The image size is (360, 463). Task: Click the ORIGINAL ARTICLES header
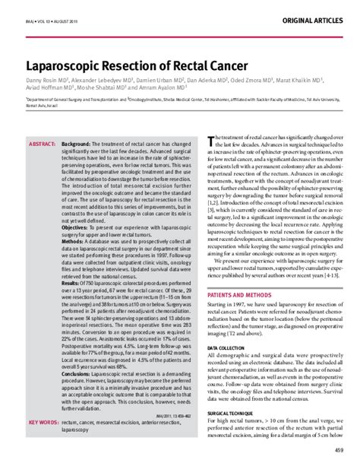point(314,17)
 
